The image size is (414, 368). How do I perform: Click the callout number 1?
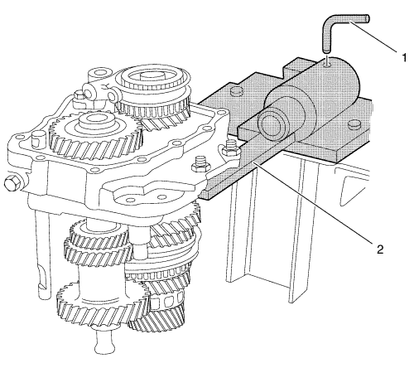404,58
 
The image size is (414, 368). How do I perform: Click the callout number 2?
380,249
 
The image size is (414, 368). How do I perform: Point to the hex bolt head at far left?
12,183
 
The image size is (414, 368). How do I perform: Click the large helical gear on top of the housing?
95,133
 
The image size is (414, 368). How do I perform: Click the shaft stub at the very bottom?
104,341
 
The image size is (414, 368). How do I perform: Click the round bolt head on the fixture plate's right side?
354,124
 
